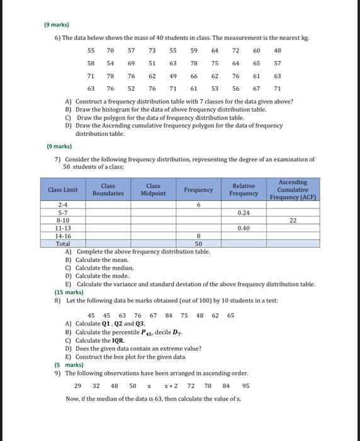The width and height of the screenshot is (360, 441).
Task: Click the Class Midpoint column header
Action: pos(153,190)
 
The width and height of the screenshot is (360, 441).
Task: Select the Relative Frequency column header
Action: pos(244,190)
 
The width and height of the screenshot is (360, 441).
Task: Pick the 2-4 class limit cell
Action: pos(62,205)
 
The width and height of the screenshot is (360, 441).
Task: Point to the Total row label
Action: pos(63,243)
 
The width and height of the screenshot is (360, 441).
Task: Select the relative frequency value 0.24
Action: pos(244,212)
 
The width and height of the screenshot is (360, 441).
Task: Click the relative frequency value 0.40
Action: pos(244,227)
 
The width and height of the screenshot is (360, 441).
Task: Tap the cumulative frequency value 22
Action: pos(293,220)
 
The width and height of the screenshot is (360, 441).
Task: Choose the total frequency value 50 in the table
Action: pos(199,243)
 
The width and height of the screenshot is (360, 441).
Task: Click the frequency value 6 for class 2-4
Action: pos(199,205)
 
